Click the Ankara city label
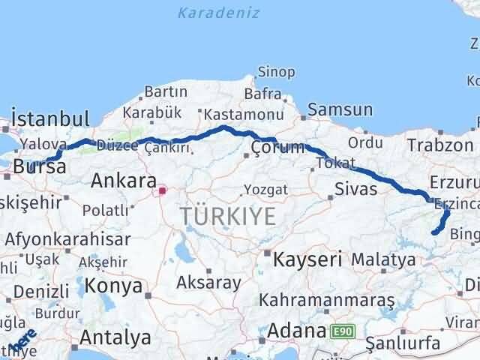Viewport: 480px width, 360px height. click(x=124, y=181)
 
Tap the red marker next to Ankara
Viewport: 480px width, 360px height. click(x=162, y=191)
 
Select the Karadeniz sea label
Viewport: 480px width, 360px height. click(x=219, y=13)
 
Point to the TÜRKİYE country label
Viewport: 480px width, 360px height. click(x=227, y=217)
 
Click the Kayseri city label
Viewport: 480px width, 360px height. click(x=307, y=259)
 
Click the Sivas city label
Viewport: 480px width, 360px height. click(x=356, y=188)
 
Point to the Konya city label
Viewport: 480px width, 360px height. click(x=114, y=286)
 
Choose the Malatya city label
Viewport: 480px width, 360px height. click(x=383, y=259)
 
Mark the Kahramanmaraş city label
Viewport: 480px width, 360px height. click(x=326, y=299)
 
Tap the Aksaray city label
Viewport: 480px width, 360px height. click(x=209, y=283)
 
